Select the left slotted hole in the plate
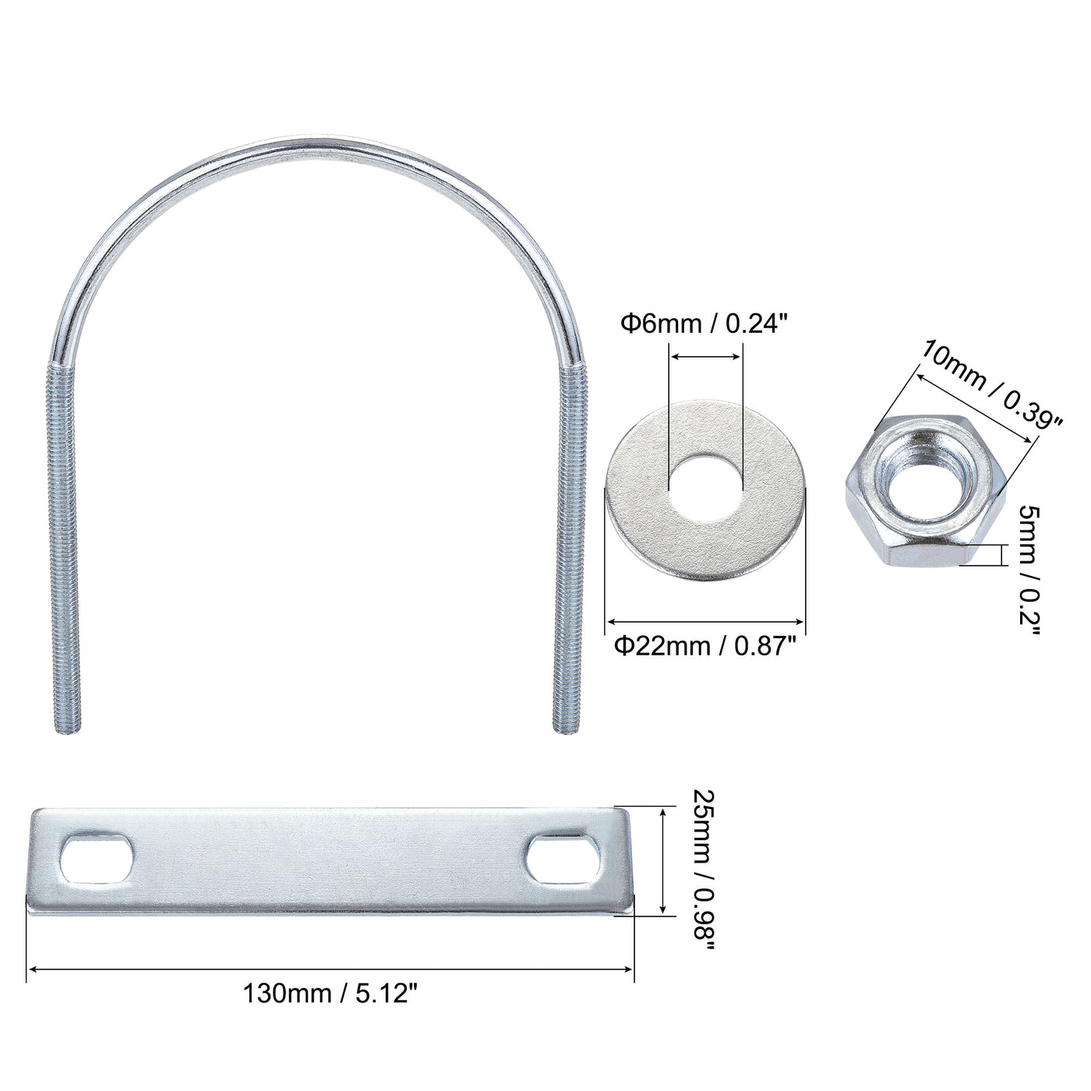tap(97, 860)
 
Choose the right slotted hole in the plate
tap(564, 860)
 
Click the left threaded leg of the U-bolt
tap(65, 545)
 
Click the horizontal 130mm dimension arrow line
tap(331, 969)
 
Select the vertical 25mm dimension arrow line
tap(662, 860)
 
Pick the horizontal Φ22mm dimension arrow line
tap(704, 621)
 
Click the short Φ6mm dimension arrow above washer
tap(706, 357)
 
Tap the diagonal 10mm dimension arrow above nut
tap(976, 408)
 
